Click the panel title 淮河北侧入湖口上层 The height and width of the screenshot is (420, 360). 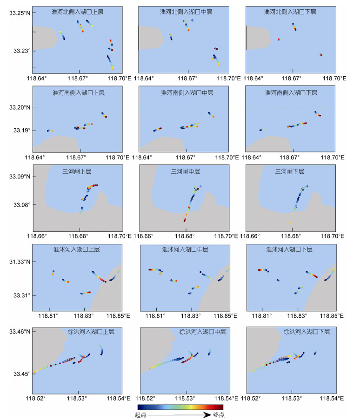pos(77,12)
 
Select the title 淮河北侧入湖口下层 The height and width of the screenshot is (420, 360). pos(290,12)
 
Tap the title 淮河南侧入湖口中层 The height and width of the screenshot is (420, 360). pos(187,92)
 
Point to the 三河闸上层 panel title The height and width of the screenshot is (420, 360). pos(77,171)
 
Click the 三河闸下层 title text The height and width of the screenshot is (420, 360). pos(289,171)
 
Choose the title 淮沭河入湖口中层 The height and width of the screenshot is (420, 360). pos(185,249)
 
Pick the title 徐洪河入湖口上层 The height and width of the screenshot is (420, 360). pos(91,332)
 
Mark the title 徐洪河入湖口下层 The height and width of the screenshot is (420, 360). pos(307,332)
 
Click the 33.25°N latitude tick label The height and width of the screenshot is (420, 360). pos(20,13)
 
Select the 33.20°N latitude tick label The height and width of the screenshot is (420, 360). pos(20,108)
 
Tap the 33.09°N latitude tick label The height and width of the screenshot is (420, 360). pos(20,177)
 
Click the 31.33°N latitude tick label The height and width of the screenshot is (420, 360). pos(20,262)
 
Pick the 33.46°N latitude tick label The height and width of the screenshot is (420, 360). pos(20,332)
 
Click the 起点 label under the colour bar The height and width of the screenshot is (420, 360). pos(140,415)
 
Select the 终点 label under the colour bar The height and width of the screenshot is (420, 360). pos(219,415)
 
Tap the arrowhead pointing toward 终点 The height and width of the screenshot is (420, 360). pos(207,415)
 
